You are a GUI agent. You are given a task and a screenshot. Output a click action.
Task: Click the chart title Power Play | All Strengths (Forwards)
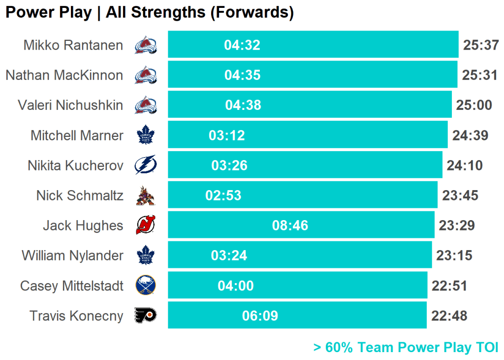149,13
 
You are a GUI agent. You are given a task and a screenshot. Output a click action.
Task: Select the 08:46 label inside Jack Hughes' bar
290,226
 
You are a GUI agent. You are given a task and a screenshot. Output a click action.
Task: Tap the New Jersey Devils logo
145,226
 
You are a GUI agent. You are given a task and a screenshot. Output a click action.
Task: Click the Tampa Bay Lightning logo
145,165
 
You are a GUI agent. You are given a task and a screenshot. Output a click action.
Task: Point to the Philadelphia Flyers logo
145,316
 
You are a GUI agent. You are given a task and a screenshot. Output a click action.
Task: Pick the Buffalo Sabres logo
145,286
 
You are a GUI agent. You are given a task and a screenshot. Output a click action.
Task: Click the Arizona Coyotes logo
145,196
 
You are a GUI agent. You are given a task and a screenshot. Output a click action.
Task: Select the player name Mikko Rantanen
73,45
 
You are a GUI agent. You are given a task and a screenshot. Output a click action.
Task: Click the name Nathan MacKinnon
64,75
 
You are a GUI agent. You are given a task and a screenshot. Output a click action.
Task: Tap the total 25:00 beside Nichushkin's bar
474,105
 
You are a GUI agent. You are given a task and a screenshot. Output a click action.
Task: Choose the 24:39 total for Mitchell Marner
470,135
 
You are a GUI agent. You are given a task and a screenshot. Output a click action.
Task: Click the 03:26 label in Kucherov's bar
229,165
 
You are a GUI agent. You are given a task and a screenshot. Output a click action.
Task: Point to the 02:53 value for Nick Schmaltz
223,196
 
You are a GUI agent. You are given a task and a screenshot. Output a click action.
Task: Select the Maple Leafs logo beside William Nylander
145,256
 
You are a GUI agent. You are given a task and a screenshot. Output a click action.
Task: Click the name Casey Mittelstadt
72,286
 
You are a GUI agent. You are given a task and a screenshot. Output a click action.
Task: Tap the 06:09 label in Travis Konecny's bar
260,316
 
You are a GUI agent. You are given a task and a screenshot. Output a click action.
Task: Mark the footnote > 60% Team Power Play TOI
406,348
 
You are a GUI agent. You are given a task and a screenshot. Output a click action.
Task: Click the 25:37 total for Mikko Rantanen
481,45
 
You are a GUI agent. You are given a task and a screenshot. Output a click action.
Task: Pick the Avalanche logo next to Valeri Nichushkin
145,105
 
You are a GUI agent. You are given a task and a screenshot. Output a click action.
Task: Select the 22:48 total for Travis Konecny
449,316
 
